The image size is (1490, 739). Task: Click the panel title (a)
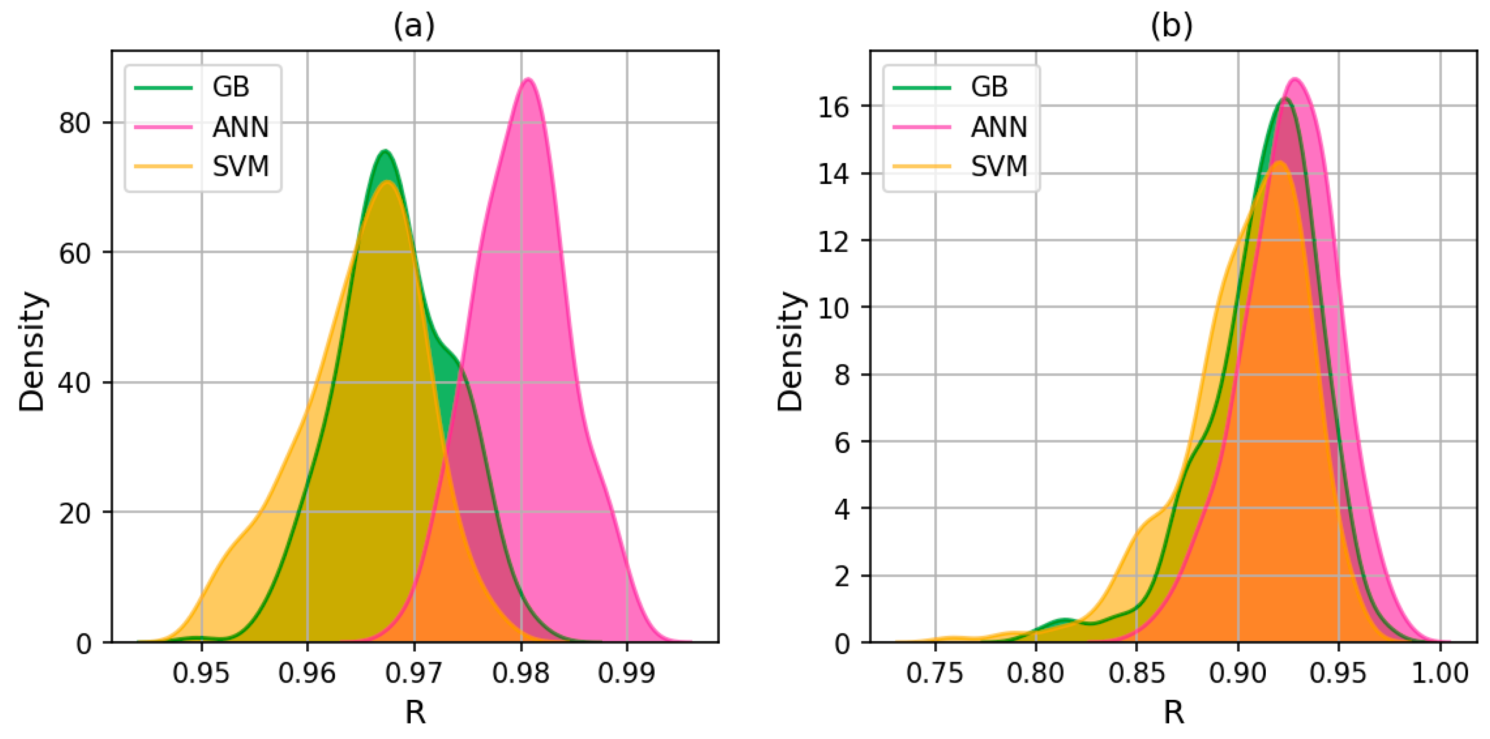[414, 26]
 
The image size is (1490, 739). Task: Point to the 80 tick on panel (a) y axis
[75, 123]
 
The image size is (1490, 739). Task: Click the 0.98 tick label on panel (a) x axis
[521, 673]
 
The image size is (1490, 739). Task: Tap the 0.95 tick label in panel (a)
[201, 673]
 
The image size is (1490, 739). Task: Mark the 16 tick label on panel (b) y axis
[833, 107]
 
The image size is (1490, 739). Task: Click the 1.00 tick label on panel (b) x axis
[1440, 673]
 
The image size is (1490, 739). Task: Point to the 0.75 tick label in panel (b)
[935, 673]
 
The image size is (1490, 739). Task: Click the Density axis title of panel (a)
[32, 351]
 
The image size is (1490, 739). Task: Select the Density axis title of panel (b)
[790, 351]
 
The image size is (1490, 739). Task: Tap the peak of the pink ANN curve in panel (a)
[528, 79]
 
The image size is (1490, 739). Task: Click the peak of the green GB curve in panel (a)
[385, 151]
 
